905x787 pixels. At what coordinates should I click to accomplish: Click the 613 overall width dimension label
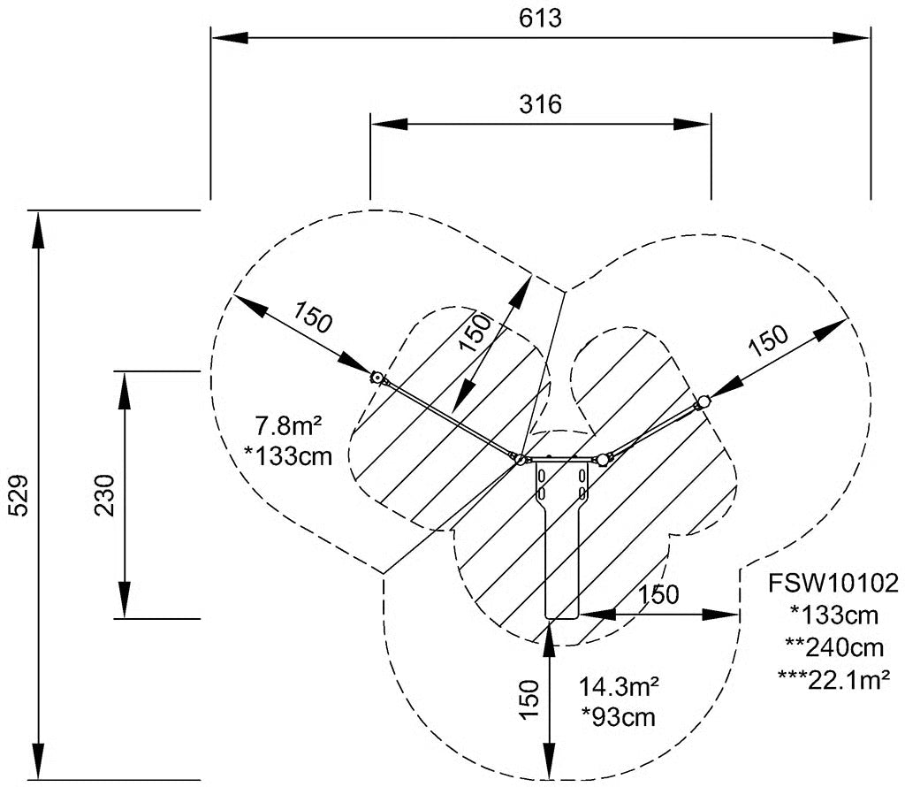pos(540,18)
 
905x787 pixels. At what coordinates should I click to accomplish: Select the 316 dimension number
pos(540,104)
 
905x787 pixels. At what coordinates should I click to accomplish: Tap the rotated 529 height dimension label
pos(19,495)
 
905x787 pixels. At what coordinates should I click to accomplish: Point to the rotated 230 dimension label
pos(105,495)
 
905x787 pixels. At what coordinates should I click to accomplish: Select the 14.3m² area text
pos(619,687)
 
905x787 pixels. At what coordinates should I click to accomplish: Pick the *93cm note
pos(618,717)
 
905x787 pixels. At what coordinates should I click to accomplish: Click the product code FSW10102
pos(833,584)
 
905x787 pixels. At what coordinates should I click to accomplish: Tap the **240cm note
pos(834,647)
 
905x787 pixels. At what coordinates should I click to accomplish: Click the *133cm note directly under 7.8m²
pos(289,457)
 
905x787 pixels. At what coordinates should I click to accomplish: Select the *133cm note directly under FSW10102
pos(834,615)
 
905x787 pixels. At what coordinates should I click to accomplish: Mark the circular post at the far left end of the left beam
pos(376,378)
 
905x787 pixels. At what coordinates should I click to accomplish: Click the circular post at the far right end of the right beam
pos(703,401)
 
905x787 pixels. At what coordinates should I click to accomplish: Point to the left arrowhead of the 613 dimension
pos(230,37)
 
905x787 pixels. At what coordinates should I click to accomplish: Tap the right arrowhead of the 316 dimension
pos(692,124)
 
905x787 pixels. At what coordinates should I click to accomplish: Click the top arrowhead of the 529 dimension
pos(38,231)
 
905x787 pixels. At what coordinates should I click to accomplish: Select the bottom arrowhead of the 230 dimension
pos(125,600)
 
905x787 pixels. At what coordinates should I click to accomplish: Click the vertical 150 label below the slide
pos(529,699)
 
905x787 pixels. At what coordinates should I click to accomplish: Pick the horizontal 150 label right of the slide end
pos(658,595)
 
